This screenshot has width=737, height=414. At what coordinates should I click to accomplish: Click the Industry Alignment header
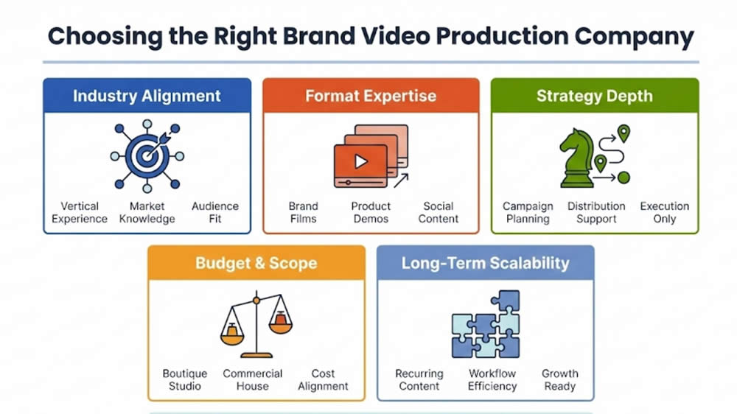click(x=147, y=96)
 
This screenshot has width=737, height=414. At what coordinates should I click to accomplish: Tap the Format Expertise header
click(x=371, y=96)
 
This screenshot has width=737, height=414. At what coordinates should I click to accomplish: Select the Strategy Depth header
click(x=594, y=96)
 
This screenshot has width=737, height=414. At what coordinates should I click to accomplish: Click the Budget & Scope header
click(x=256, y=263)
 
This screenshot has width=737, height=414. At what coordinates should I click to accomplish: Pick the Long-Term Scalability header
click(x=486, y=263)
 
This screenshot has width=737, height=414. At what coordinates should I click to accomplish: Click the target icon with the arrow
click(x=147, y=155)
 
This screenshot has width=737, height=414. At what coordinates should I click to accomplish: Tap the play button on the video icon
click(x=360, y=161)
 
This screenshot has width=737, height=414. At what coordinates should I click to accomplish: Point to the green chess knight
click(x=578, y=158)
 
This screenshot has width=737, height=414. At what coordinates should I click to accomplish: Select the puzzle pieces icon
click(x=486, y=324)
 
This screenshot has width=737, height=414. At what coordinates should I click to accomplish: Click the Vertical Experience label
click(x=80, y=212)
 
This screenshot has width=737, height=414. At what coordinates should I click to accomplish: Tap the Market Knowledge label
click(x=147, y=212)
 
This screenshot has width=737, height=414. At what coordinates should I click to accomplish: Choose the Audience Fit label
click(x=215, y=212)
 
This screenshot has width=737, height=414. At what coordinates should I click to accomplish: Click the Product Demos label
click(x=371, y=212)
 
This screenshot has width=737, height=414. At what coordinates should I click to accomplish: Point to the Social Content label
click(x=439, y=212)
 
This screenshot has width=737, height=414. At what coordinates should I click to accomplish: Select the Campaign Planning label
click(x=527, y=212)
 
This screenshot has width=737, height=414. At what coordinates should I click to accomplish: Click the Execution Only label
click(x=665, y=212)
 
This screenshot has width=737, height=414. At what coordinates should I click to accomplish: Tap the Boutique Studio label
click(x=185, y=379)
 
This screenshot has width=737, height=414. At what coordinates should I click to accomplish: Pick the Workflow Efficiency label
click(x=492, y=379)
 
